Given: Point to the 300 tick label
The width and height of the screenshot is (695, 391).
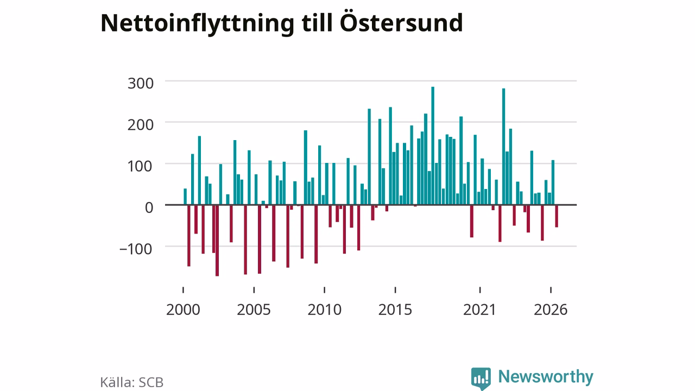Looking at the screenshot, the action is (141, 84).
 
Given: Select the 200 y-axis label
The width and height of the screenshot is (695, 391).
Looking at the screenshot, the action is (141, 125).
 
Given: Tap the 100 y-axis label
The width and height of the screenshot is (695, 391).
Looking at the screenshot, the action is (141, 166).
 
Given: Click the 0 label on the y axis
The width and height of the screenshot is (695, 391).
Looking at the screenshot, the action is (149, 207).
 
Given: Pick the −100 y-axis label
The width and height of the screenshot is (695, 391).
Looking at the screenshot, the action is (136, 249).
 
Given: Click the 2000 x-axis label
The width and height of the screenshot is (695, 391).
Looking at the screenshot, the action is (183, 310).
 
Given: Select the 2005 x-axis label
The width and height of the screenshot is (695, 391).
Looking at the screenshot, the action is (254, 310).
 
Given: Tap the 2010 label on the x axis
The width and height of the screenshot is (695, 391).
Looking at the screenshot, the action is (325, 310).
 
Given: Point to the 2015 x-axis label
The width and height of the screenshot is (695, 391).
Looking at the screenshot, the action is (395, 310).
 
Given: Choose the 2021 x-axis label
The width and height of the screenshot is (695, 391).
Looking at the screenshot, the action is (480, 310).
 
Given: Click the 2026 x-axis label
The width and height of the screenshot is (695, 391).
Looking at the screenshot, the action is (551, 310).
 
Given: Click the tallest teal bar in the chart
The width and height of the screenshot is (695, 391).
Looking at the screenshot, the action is (433, 146).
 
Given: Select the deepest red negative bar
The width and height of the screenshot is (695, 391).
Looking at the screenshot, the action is (217, 241).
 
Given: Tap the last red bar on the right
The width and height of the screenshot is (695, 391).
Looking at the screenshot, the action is (557, 216).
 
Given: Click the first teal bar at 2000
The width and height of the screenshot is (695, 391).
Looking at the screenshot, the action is (185, 197).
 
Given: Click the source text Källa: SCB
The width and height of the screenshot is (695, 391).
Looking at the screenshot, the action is (132, 382).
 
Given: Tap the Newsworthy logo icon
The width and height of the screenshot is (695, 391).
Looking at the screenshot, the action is (481, 379).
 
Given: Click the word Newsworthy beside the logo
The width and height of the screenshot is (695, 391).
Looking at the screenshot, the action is (546, 377).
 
